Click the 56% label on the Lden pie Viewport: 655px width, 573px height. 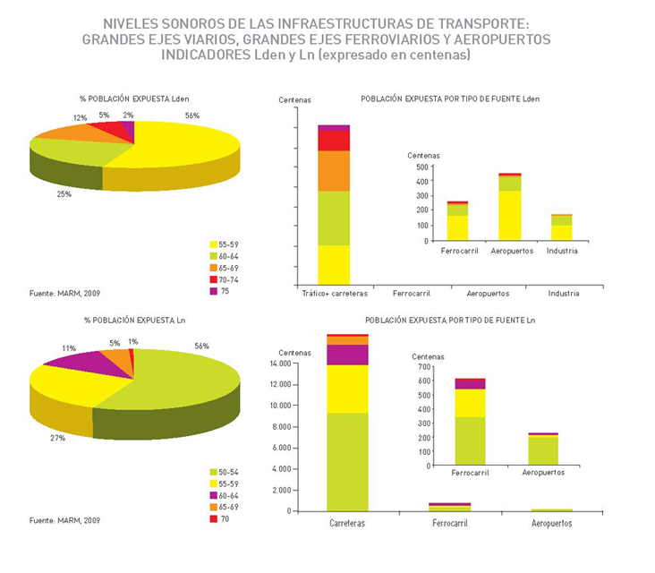192,115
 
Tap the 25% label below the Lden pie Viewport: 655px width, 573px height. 64,193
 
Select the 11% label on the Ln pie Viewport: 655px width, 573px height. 69,347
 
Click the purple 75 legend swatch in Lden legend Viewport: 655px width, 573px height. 213,292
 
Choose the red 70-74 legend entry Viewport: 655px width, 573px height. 224,279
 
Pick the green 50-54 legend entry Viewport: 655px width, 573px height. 224,472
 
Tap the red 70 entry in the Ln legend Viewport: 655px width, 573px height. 219,518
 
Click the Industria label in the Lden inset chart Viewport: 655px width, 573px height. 563,251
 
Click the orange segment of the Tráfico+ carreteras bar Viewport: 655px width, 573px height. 334,170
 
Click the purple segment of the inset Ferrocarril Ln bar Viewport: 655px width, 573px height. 470,384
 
